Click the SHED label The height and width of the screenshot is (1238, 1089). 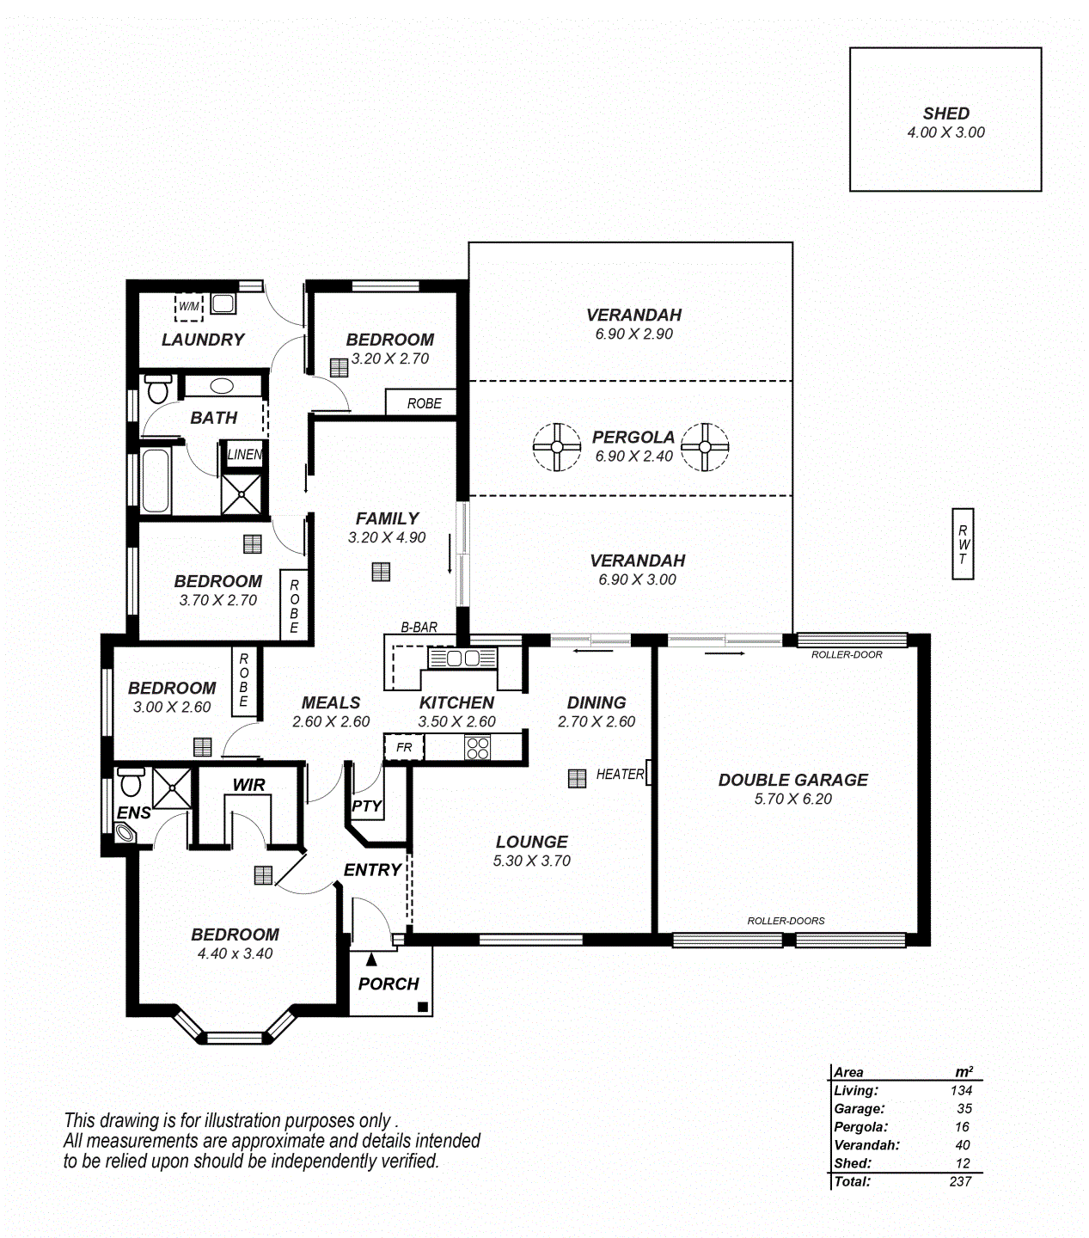pos(945,113)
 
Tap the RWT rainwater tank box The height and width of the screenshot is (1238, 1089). pos(963,544)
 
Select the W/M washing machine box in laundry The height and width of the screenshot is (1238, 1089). pos(189,307)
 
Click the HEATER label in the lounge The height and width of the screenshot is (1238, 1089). pos(620,775)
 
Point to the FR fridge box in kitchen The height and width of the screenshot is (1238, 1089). pos(404,747)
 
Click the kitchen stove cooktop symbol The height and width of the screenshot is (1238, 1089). pos(477,748)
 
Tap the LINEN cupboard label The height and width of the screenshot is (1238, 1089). pos(244,454)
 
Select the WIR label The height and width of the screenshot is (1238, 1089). pos(248,785)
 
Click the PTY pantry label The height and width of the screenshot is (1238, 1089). pos(367,806)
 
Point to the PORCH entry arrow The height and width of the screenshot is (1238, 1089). pos(371,959)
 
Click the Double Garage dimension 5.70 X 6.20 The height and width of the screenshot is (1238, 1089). pos(792,799)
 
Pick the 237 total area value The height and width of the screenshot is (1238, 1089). pos(960,1181)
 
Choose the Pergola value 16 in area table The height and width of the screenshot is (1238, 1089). pos(962,1127)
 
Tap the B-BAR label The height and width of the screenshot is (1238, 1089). pos(419,627)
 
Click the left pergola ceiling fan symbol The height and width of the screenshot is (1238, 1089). pos(557,447)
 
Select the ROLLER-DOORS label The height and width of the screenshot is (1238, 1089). pos(786,921)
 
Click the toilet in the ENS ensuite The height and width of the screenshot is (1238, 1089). pos(131,781)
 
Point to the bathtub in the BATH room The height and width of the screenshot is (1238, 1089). pos(156,481)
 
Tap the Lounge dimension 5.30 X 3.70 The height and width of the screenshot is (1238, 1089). pos(532,861)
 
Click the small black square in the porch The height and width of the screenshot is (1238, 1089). pos(422,1007)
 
